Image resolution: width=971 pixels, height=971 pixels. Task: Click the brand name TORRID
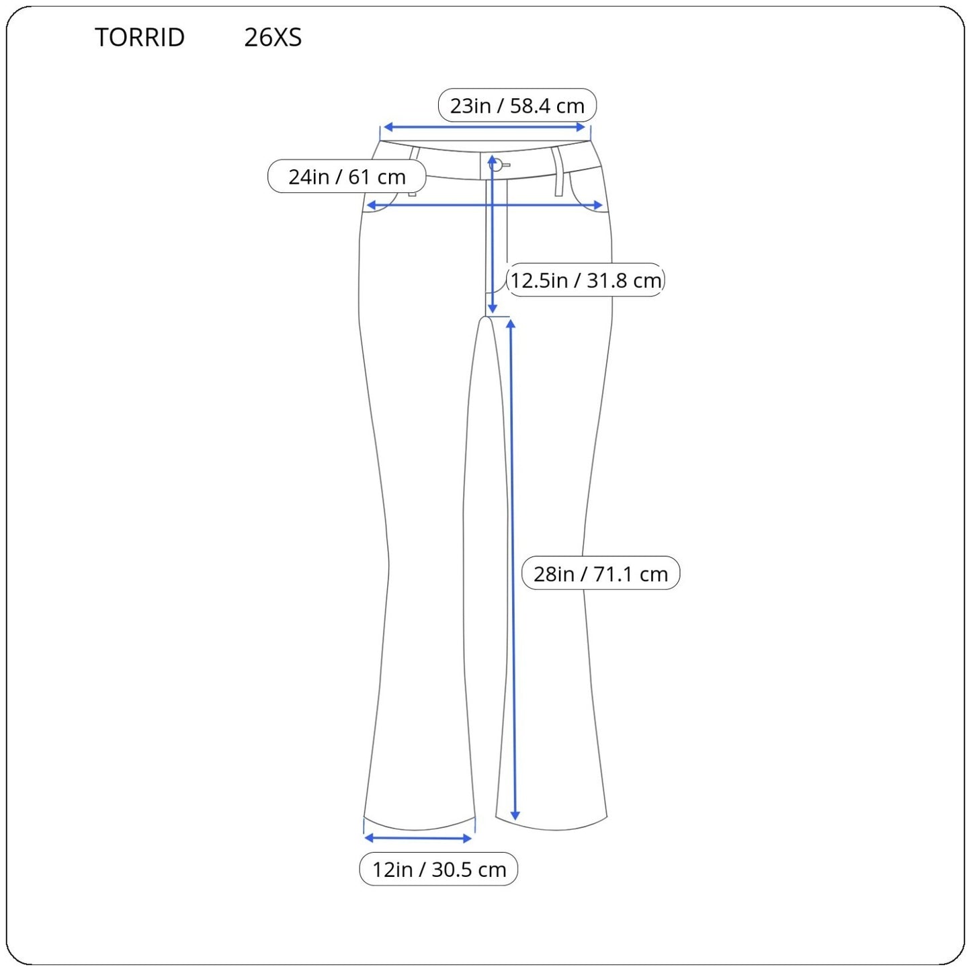click(140, 37)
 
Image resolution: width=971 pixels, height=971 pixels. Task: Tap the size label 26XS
click(273, 37)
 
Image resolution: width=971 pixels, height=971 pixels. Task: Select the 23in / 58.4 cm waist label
click(517, 105)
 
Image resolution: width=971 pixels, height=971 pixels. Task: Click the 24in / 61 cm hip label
click(347, 176)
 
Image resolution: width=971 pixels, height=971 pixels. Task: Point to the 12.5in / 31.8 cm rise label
click(585, 280)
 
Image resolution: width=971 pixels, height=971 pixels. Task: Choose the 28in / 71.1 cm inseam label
click(601, 573)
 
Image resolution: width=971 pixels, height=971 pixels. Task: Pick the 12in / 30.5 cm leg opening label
click(439, 870)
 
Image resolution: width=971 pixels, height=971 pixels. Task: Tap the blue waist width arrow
click(484, 127)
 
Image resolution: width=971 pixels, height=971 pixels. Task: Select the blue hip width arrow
click(484, 205)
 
